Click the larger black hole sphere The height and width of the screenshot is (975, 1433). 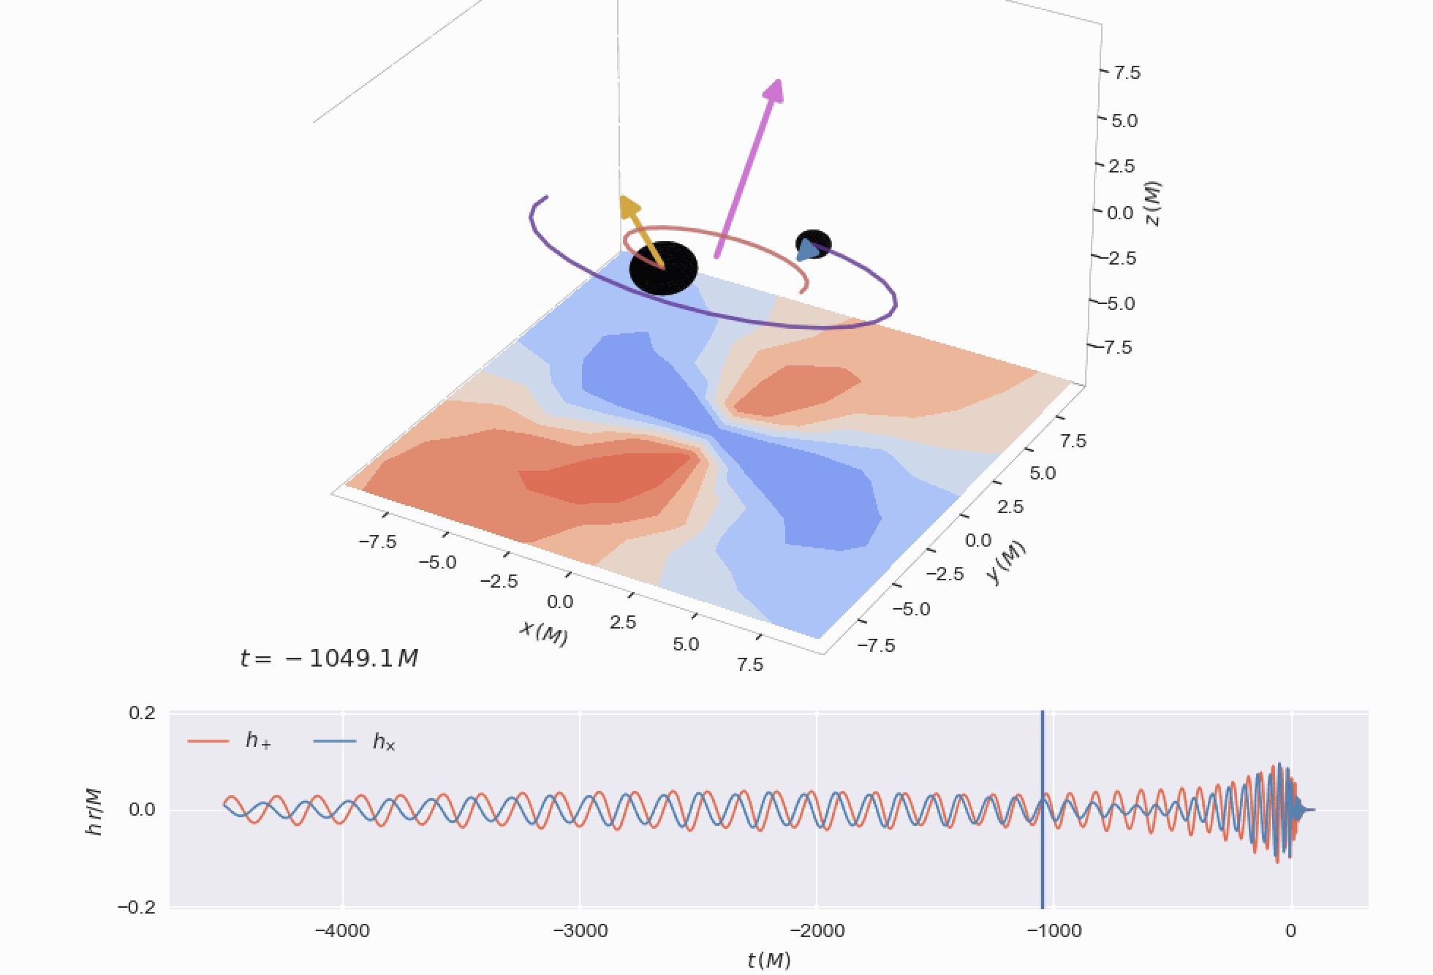click(x=664, y=269)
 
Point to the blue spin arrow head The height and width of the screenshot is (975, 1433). click(x=806, y=251)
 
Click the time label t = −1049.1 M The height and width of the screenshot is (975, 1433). click(x=329, y=659)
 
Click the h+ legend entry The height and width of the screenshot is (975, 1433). click(x=258, y=741)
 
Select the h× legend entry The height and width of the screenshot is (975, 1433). click(x=384, y=742)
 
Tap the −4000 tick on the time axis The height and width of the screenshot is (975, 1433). click(x=342, y=930)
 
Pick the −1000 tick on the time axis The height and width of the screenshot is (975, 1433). click(x=1054, y=930)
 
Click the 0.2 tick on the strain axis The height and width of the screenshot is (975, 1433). click(x=142, y=713)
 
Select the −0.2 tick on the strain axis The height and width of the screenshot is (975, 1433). click(x=137, y=907)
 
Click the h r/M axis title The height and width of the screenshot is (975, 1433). click(x=94, y=811)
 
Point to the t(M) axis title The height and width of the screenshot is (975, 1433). click(x=768, y=960)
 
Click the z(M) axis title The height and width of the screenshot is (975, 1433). click(x=1152, y=204)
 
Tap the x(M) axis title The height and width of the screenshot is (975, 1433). click(x=543, y=633)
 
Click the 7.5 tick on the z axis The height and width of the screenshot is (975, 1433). click(x=1126, y=72)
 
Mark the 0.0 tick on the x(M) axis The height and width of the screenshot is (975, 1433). click(x=560, y=602)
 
